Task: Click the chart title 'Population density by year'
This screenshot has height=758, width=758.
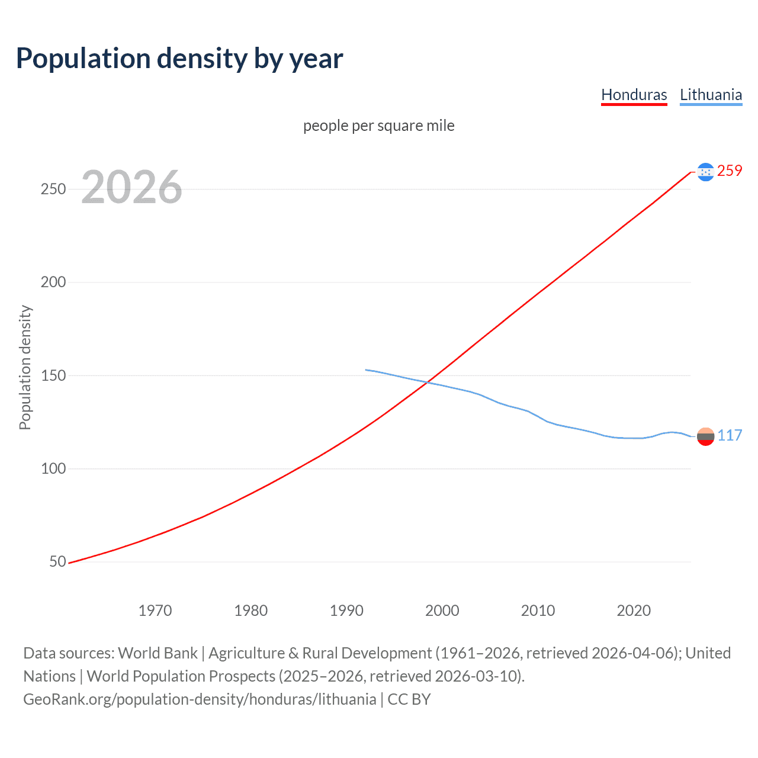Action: pos(179,59)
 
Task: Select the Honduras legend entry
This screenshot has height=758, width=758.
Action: pos(634,95)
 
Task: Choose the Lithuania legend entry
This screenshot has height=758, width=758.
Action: pos(711,95)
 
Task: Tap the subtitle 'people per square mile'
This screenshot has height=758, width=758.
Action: pos(379,126)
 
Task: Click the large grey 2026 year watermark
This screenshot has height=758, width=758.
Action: pos(131,188)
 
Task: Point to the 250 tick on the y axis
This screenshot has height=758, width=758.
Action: pos(53,189)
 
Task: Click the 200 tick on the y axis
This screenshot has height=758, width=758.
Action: pos(53,282)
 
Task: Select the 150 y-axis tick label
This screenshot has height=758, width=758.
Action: pos(53,375)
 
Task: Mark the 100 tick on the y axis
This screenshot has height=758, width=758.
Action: pos(53,468)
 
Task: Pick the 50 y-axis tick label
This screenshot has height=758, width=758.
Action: pos(57,561)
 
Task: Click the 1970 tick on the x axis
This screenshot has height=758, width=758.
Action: pos(155,611)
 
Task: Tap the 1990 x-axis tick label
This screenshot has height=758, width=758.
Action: pos(346,611)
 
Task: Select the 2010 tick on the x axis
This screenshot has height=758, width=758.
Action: pos(538,611)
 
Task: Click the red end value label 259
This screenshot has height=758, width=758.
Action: pos(730,171)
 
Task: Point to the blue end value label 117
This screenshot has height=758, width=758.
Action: pos(730,436)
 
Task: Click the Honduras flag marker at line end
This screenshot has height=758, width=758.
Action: pos(705,172)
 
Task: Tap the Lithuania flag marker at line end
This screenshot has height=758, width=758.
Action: pos(705,436)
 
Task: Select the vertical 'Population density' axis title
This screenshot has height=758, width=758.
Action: pos(25,367)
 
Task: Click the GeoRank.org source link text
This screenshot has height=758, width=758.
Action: pos(200,699)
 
